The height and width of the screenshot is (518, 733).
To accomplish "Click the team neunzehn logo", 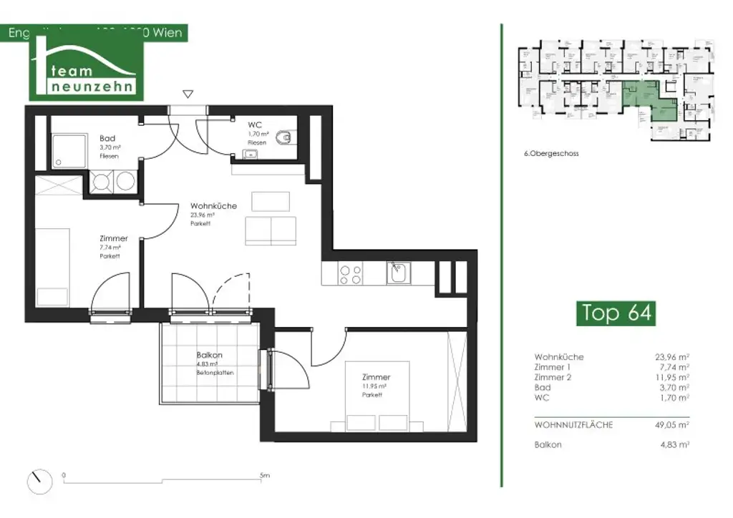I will (x=86, y=72).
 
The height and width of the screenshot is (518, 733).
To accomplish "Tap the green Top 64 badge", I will (x=616, y=313).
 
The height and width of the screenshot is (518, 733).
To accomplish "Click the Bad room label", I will (x=107, y=139).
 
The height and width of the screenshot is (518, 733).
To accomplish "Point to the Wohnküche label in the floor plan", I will (x=213, y=206).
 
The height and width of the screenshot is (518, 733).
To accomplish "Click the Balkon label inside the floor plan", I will (x=209, y=355).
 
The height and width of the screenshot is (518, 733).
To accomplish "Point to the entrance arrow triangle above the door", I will (x=188, y=94).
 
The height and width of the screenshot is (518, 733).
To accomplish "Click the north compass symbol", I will (x=41, y=481).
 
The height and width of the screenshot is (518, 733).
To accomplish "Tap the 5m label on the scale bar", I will (x=264, y=475).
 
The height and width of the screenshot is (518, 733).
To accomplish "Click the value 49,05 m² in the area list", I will (x=674, y=424).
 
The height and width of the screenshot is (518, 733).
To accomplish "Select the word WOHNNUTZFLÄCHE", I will (x=573, y=424).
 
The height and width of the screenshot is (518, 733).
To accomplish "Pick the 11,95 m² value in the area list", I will (x=674, y=377).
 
